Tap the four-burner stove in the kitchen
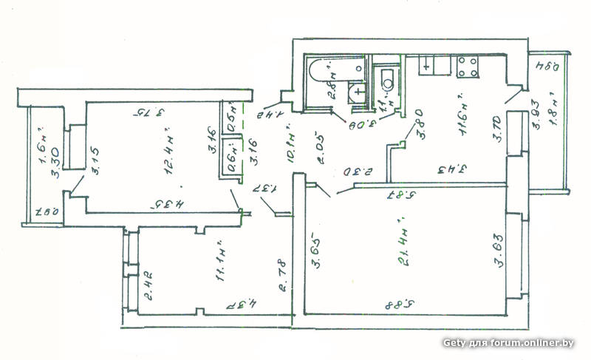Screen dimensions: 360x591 pyautogui.click(x=467, y=67)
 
